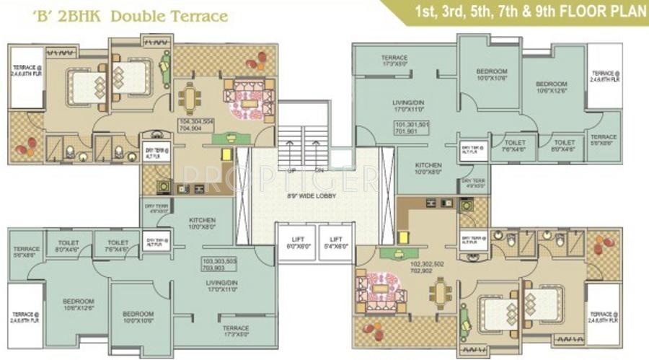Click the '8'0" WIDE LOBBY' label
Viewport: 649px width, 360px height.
pyautogui.click(x=315, y=196)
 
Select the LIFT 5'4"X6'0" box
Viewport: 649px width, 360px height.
pyautogui.click(x=335, y=242)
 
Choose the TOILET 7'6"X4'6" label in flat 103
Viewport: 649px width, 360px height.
pyautogui.click(x=118, y=246)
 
